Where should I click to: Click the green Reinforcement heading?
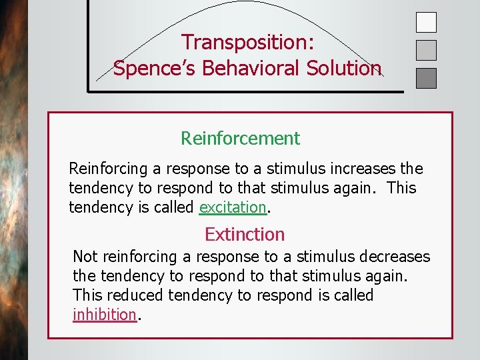click(240, 139)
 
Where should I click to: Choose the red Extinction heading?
click(244, 235)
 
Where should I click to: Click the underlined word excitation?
click(233, 207)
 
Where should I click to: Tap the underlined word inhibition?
click(104, 315)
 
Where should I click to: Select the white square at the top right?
click(426, 23)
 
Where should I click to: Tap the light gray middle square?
click(426, 51)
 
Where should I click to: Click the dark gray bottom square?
click(426, 79)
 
